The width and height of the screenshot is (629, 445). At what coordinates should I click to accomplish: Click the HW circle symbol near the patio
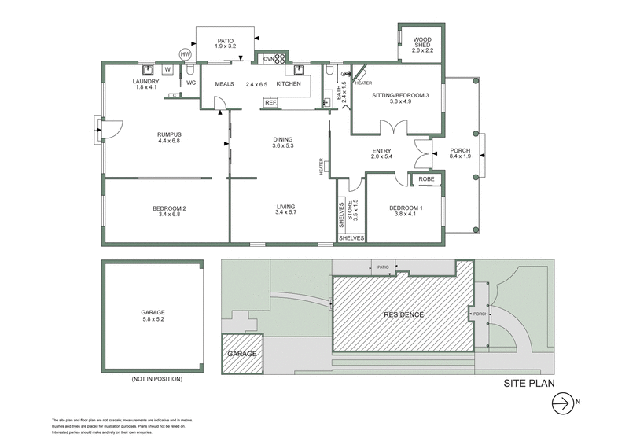(186, 54)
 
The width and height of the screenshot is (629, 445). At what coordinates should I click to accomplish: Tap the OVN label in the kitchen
(269, 59)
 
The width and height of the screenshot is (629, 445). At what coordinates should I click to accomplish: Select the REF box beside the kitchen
(270, 102)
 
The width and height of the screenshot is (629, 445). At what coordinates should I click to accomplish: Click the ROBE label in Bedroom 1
(426, 179)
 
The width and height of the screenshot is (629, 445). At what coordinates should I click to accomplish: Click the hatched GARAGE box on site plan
(242, 353)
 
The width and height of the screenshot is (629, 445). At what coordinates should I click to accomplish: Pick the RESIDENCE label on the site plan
(403, 314)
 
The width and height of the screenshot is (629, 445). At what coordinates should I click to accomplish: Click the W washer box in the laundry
(167, 69)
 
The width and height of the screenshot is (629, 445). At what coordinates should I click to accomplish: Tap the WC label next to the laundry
(190, 83)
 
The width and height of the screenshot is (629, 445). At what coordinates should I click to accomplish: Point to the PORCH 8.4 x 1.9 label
(459, 153)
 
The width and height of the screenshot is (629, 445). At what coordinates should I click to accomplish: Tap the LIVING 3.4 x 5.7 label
(286, 208)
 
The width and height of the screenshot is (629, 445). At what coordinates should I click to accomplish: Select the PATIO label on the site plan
(384, 267)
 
